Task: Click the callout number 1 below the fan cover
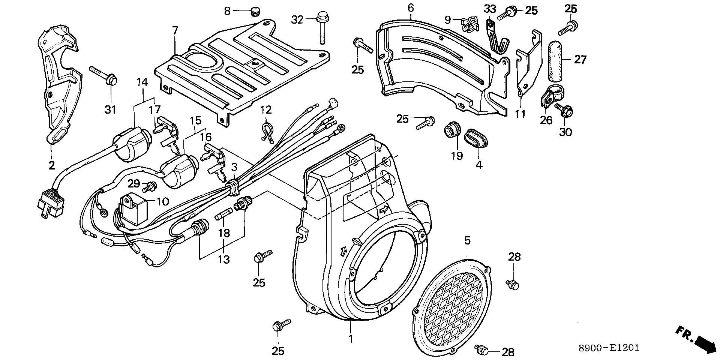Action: (351, 338)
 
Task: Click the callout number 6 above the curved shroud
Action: (411, 7)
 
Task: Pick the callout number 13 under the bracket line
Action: (224, 259)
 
